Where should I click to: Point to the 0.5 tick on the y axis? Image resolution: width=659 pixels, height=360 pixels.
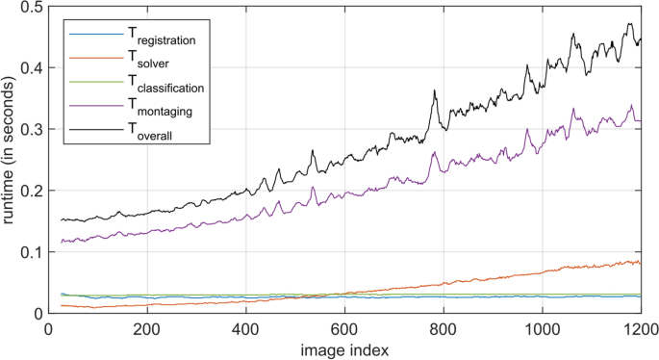31,8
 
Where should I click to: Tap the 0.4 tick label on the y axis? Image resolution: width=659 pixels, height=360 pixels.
31,68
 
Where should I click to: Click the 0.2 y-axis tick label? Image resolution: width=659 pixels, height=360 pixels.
31,191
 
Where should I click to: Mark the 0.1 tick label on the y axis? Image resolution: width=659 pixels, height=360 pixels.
31,252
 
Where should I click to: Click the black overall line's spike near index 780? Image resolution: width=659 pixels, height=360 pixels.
435,92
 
